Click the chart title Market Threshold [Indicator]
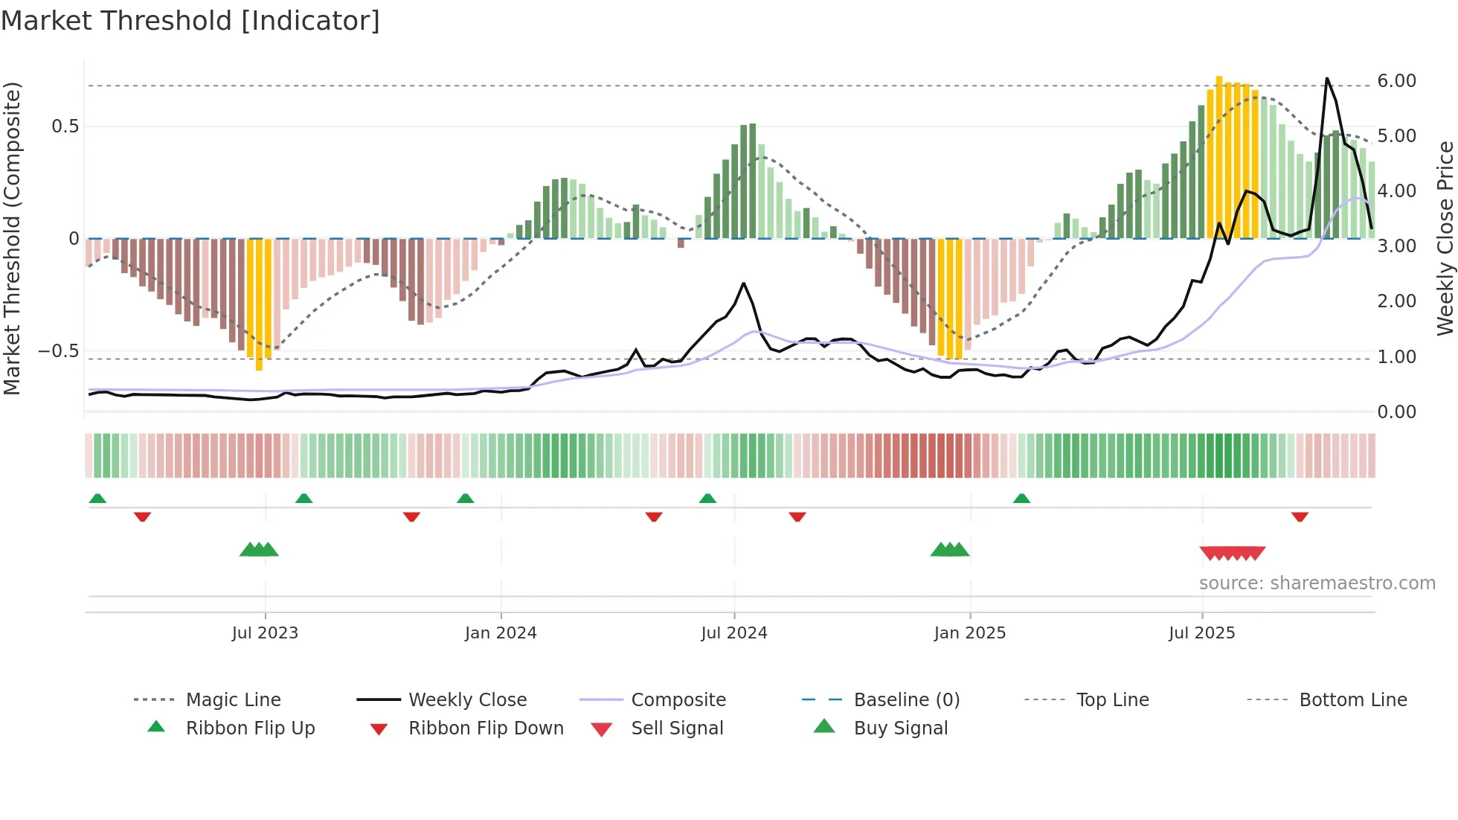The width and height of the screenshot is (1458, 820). pyautogui.click(x=190, y=21)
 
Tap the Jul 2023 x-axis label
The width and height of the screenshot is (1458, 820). pyautogui.click(x=265, y=633)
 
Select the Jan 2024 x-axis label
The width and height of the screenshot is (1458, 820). pyautogui.click(x=501, y=633)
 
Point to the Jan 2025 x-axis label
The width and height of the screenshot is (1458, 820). pyautogui.click(x=969, y=633)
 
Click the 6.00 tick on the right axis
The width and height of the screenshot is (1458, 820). pyautogui.click(x=1396, y=81)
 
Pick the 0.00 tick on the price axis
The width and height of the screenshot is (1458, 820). pyautogui.click(x=1396, y=412)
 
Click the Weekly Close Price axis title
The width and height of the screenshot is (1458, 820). pyautogui.click(x=1445, y=238)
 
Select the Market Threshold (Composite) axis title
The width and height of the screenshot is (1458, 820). pyautogui.click(x=12, y=238)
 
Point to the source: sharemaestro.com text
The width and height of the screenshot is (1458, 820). pyautogui.click(x=1317, y=583)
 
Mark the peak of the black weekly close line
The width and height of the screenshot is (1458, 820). pyautogui.click(x=1326, y=78)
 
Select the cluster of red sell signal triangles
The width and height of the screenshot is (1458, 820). pyautogui.click(x=1233, y=553)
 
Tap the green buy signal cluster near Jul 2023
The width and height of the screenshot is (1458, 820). pyautogui.click(x=259, y=550)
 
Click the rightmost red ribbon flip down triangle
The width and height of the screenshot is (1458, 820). pyautogui.click(x=1300, y=516)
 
